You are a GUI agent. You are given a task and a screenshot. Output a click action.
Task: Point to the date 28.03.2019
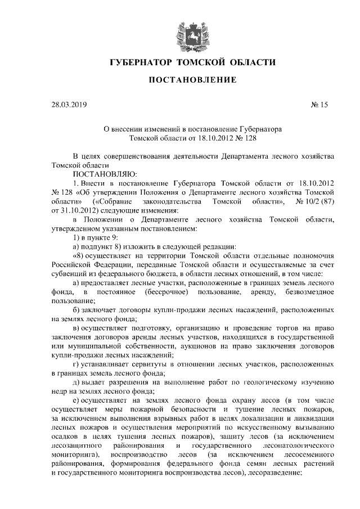(69, 105)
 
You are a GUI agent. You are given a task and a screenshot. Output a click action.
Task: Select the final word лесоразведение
(273, 474)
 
